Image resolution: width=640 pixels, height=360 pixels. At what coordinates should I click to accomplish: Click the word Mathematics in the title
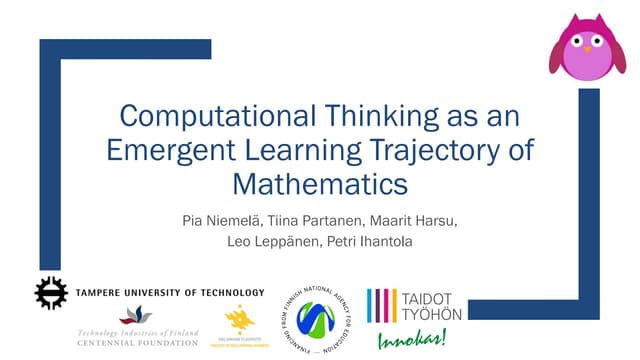(x=320, y=184)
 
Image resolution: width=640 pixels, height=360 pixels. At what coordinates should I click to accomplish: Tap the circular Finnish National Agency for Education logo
(x=316, y=317)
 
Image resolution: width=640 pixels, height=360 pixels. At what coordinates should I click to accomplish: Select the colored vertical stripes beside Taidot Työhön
(x=383, y=305)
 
